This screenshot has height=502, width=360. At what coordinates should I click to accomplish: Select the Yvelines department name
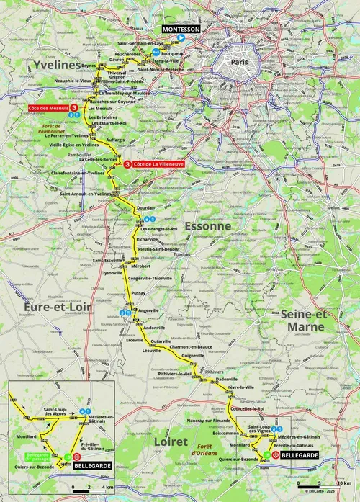(x=53, y=66)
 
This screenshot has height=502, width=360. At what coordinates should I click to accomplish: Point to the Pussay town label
(x=139, y=293)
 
